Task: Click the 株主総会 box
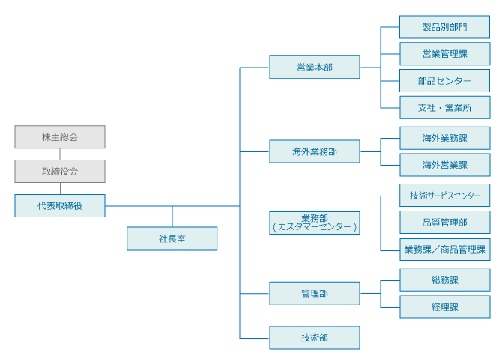pos(60,137)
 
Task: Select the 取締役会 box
pos(60,172)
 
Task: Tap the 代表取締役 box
pos(60,205)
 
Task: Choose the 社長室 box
pos(172,238)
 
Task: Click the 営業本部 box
pos(315,67)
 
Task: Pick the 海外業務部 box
pos(315,151)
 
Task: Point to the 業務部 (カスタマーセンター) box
pos(315,223)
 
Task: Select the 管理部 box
pos(315,293)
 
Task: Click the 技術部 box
pos(315,337)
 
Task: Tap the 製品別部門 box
pos(445,27)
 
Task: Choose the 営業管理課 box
pos(445,53)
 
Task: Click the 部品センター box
pos(445,80)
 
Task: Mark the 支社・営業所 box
pos(445,107)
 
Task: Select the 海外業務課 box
pos(445,138)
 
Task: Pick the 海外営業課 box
pos(445,165)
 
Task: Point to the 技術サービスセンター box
pos(445,196)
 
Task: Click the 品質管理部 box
pos(445,223)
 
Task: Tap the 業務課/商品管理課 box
pos(445,250)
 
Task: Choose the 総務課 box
pos(445,280)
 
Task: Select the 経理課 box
pos(445,307)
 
